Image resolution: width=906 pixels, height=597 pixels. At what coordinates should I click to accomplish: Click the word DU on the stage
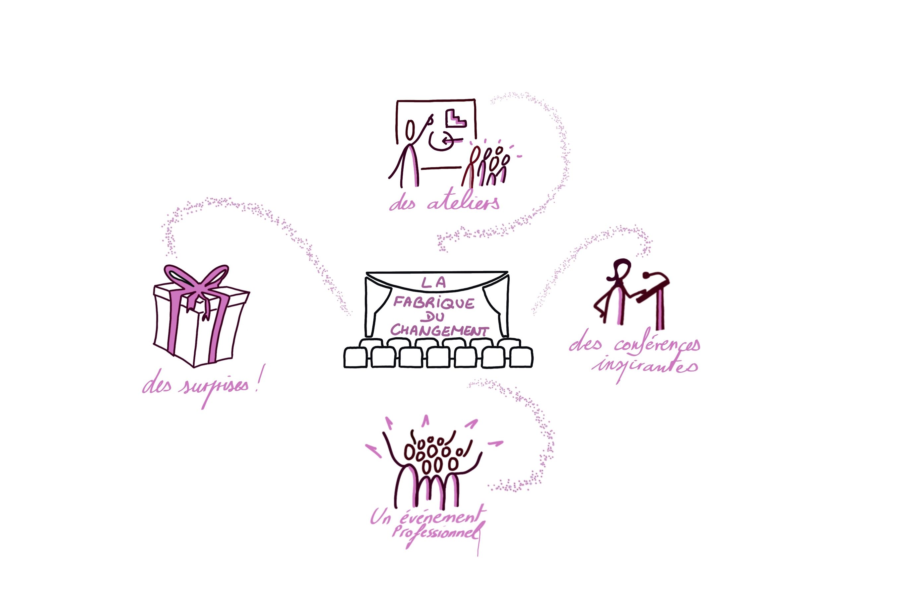point(434,317)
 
